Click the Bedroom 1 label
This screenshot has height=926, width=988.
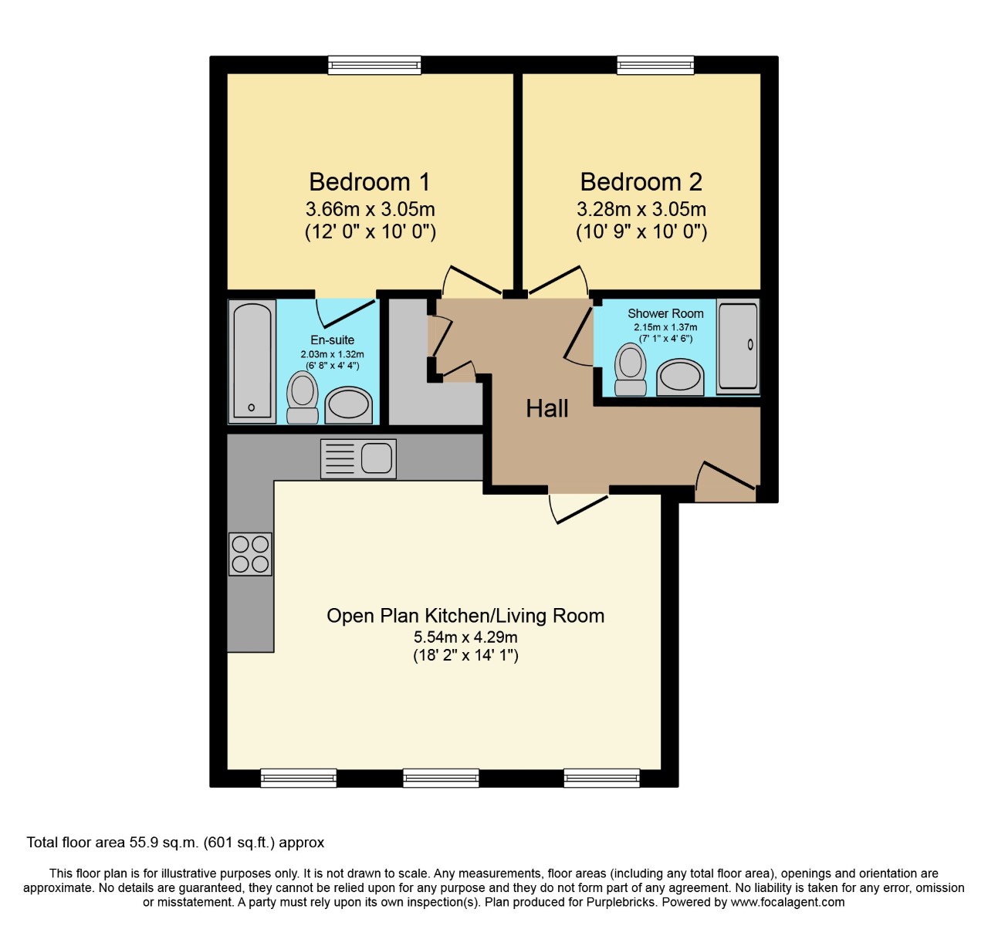pyautogui.click(x=370, y=182)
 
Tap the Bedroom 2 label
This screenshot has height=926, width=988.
pyautogui.click(x=641, y=182)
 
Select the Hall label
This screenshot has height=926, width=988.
pyautogui.click(x=546, y=408)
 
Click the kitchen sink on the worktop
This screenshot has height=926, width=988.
pyautogui.click(x=358, y=458)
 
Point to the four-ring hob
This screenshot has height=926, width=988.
pyautogui.click(x=250, y=554)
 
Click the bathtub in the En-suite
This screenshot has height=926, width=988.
pyautogui.click(x=252, y=361)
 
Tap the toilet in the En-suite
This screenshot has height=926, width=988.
pyautogui.click(x=302, y=397)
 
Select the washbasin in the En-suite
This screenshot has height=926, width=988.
pyautogui.click(x=348, y=404)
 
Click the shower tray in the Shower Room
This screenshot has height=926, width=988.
pyautogui.click(x=738, y=345)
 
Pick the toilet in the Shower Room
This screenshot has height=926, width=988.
pyautogui.click(x=631, y=370)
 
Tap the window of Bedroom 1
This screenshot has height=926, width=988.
pyautogui.click(x=374, y=65)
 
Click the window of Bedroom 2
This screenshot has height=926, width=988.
pyautogui.click(x=655, y=65)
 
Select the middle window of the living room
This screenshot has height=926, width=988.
pyautogui.click(x=441, y=777)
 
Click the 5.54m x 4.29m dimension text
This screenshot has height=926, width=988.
pyautogui.click(x=465, y=637)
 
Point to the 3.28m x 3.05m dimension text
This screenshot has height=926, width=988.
pyautogui.click(x=641, y=209)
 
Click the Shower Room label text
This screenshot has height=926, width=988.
pyautogui.click(x=665, y=313)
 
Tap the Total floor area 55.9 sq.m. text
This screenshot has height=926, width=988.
pyautogui.click(x=175, y=842)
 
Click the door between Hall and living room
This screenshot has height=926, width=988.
pyautogui.click(x=579, y=507)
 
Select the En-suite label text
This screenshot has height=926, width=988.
pyautogui.click(x=332, y=340)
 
